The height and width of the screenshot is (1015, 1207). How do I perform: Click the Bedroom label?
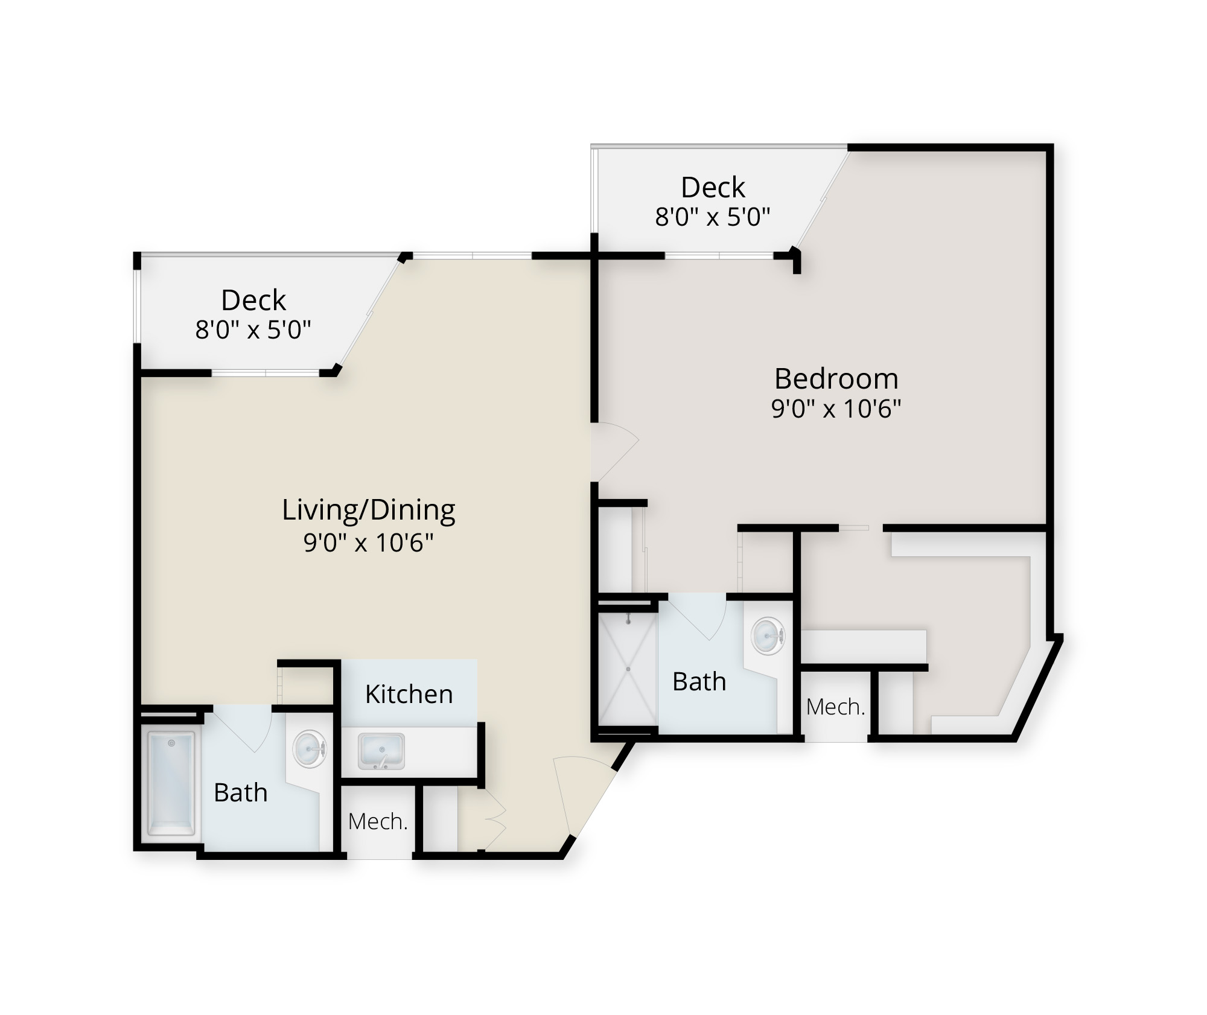pos(836,379)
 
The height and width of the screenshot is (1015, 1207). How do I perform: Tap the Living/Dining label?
pos(369,511)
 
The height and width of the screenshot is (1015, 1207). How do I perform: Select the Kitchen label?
pos(409,694)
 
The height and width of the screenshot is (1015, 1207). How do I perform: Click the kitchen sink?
pos(381,751)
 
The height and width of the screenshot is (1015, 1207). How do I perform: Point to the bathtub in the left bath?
pos(172,783)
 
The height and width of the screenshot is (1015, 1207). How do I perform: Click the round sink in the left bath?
pos(310,749)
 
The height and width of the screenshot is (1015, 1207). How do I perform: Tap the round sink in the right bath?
pos(768,636)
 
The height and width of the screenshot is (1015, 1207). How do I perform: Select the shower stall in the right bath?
pos(628,669)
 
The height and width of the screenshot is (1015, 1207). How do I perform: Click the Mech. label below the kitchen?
pos(378,821)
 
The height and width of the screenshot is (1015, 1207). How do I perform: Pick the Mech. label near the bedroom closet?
pos(836,707)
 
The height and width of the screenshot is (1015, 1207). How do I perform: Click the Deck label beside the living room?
pos(253,300)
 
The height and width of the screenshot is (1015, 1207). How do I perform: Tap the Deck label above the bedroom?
pos(713,188)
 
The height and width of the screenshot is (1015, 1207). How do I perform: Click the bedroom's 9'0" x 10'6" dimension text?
pos(836,409)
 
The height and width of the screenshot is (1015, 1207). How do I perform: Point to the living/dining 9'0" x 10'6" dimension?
pos(369,542)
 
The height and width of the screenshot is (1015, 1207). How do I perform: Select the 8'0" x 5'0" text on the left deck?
pos(253,329)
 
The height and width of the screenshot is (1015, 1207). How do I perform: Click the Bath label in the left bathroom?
pos(241,792)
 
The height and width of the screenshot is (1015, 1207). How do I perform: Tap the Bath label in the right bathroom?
pos(699,681)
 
